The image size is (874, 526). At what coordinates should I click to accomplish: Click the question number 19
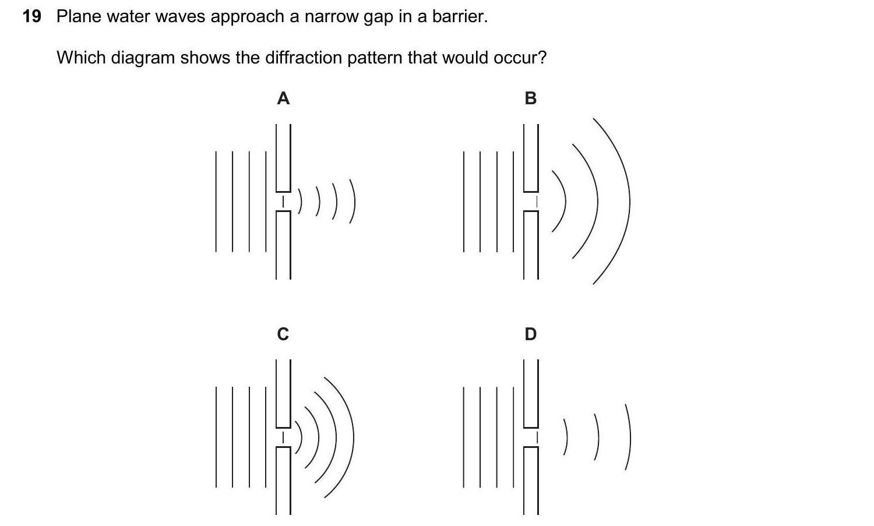point(32,16)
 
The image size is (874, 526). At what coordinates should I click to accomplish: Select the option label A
point(283,98)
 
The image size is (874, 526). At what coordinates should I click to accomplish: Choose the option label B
point(530,98)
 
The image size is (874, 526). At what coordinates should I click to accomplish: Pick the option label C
point(283,334)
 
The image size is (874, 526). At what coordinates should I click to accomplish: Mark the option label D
point(530,334)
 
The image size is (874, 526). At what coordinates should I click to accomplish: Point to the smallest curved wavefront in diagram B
point(564,201)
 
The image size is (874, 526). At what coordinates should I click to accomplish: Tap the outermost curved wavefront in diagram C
point(352,437)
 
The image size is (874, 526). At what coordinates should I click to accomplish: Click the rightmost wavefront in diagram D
point(629,437)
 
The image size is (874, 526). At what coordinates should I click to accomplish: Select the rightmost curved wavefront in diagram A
point(353,201)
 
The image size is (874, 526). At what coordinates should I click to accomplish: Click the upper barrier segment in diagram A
point(283,157)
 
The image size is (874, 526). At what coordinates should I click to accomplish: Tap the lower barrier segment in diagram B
point(531,245)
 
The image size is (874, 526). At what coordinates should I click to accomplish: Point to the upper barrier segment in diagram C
point(283,393)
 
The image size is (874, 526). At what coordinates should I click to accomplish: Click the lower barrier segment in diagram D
point(531,481)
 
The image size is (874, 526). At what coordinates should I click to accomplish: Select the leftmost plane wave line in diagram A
point(216,201)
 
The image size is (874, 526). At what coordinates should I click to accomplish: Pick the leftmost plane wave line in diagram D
point(464,437)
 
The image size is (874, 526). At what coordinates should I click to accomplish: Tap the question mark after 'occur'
point(542,58)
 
